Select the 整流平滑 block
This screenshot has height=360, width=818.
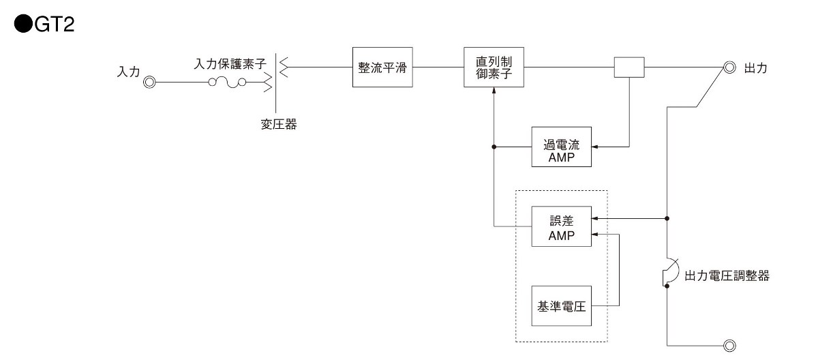pos(383,67)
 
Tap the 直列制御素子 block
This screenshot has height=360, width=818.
pos(494,67)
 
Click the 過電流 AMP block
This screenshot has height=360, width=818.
pos(562,147)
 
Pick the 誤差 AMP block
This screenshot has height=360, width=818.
pos(562,226)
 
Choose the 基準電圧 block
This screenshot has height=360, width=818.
pos(562,305)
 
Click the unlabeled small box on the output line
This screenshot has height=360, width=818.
pos(629,67)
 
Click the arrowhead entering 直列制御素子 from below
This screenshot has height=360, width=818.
pos(494,91)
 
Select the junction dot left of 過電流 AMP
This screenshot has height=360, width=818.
pos(494,147)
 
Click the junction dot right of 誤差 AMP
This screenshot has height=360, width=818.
pos(667,219)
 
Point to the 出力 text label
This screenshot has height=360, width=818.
pos(755,68)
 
